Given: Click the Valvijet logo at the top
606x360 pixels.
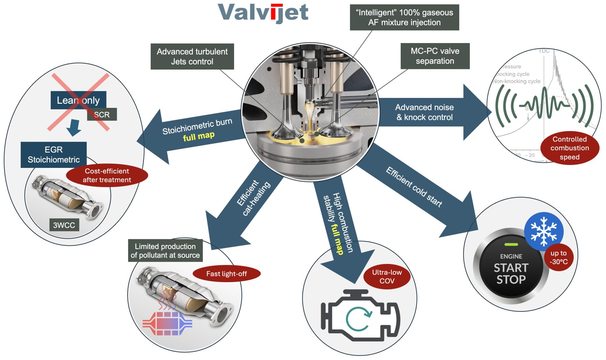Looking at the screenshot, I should (x=263, y=13).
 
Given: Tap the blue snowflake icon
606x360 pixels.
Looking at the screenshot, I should (x=543, y=231).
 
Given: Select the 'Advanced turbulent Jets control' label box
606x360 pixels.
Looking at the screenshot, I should (x=192, y=56).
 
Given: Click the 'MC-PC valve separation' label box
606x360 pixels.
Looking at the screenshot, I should (x=435, y=56).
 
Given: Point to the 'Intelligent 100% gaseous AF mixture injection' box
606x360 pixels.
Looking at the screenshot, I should (x=404, y=18).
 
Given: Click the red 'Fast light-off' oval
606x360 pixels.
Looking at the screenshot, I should (x=226, y=274).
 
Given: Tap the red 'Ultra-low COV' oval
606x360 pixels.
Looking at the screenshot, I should (x=387, y=276).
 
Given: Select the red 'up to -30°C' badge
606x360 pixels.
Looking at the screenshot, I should (x=559, y=257).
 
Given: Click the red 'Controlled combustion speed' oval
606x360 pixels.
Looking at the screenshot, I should (x=570, y=148).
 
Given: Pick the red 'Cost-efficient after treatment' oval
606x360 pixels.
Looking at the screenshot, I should (x=107, y=176).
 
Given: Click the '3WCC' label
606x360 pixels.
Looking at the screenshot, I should (x=64, y=225).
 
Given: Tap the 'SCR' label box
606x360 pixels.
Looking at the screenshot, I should (x=102, y=115).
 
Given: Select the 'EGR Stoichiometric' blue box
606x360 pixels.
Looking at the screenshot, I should (x=54, y=155).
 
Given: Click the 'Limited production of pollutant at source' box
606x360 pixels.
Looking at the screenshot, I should (x=165, y=251).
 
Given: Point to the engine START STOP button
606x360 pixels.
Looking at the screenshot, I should (x=511, y=268).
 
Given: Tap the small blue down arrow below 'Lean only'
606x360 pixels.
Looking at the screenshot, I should (x=74, y=127).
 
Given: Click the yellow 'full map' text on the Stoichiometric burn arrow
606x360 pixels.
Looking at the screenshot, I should (x=199, y=136).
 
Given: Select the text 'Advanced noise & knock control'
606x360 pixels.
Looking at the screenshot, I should (x=424, y=112).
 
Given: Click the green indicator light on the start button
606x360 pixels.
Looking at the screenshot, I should (x=511, y=244).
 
